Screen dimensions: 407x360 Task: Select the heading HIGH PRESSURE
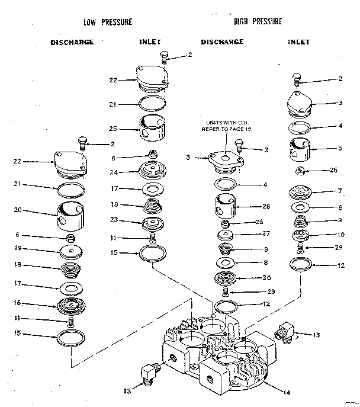pyautogui.click(x=258, y=21)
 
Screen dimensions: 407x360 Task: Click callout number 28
pyautogui.click(x=265, y=207)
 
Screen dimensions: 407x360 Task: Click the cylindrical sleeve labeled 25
pyautogui.click(x=153, y=129)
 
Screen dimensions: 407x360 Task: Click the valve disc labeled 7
pyautogui.click(x=301, y=193)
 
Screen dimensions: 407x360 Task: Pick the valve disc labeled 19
pyautogui.click(x=71, y=252)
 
